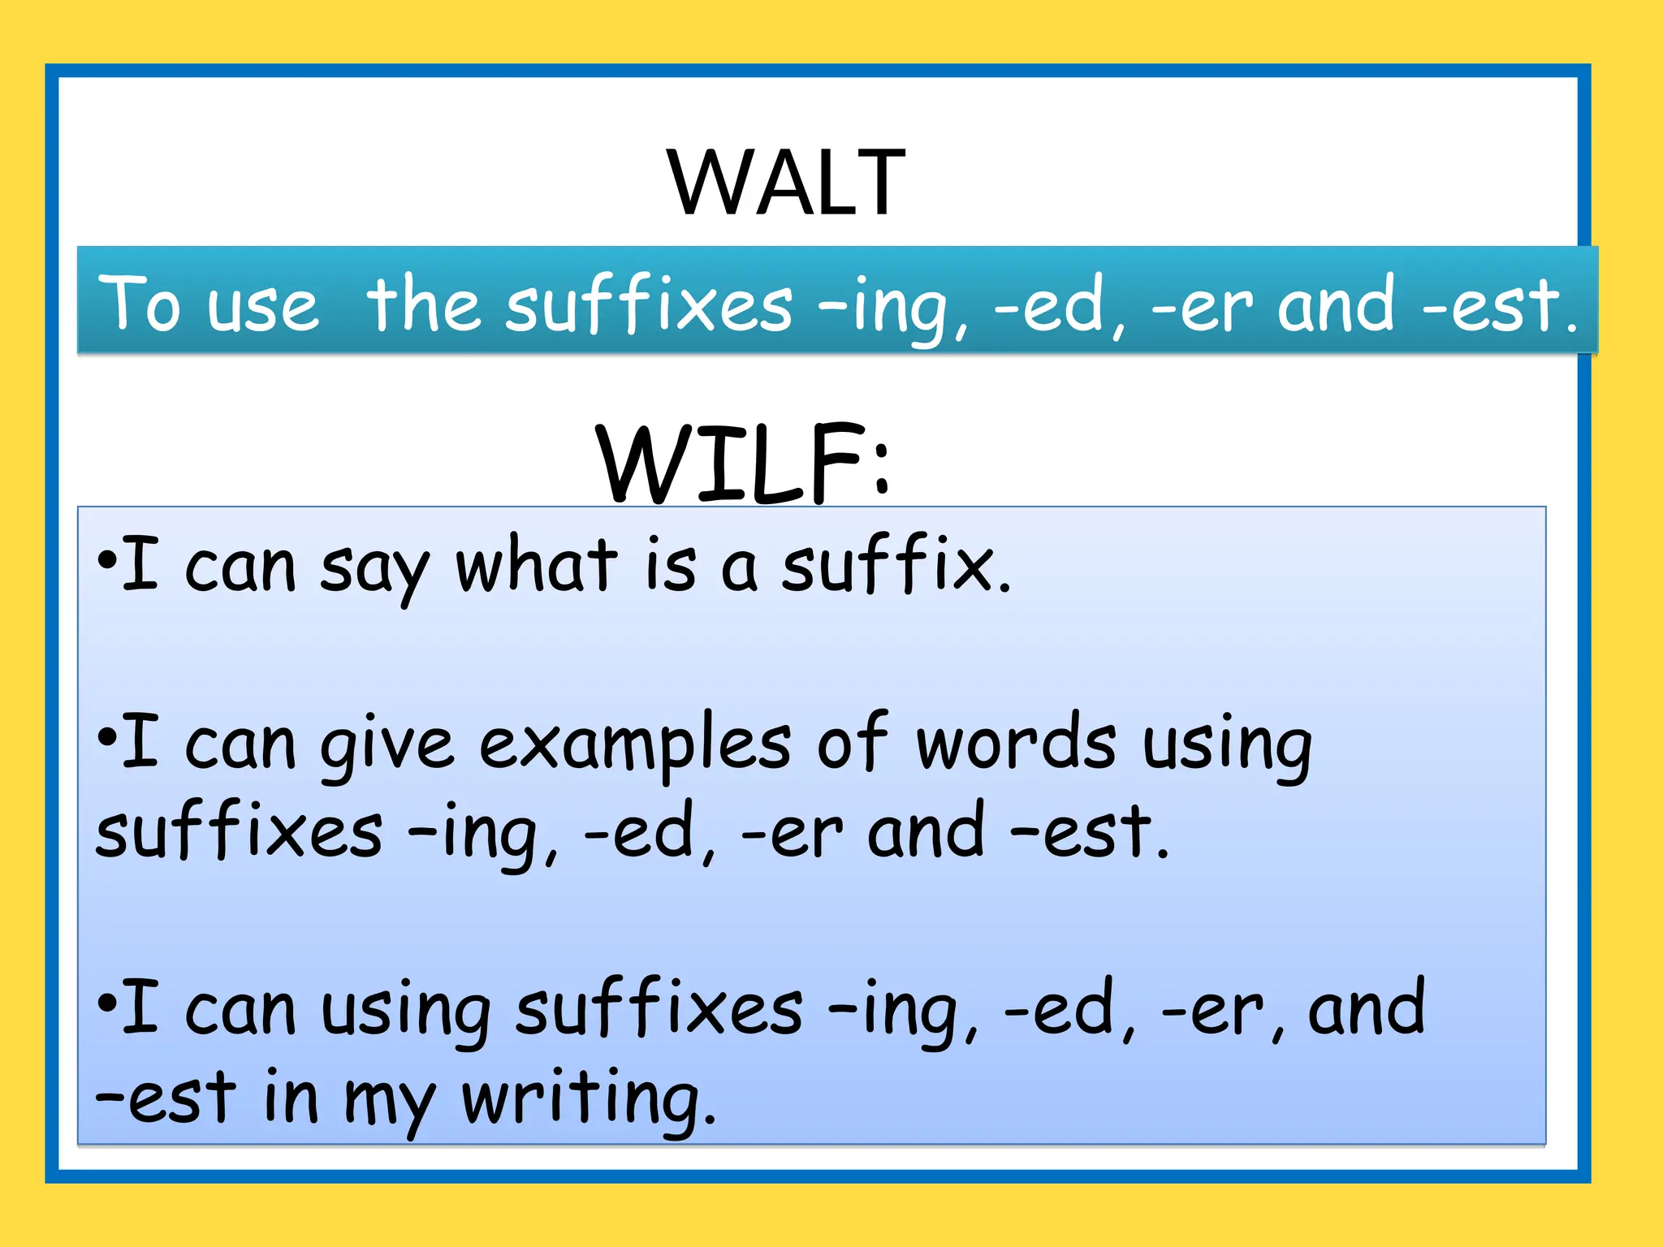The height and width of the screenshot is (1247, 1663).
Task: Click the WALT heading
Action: tap(786, 183)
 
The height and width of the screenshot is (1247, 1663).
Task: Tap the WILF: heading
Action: tap(744, 464)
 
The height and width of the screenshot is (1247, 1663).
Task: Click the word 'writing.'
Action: tap(590, 1100)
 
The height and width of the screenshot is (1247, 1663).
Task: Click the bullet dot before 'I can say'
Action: tap(106, 561)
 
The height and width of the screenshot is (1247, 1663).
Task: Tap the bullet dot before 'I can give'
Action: tap(106, 738)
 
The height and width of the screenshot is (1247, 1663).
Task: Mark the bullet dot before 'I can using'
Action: tap(106, 1003)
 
